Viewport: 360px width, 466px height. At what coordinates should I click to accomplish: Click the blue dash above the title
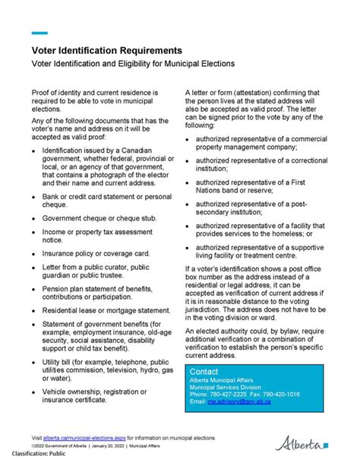click(x=39, y=33)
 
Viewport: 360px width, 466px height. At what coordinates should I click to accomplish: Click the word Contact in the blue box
click(x=203, y=371)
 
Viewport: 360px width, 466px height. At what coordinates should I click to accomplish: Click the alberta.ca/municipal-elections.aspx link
click(x=84, y=438)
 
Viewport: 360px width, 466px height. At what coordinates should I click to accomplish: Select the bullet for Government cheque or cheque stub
click(x=34, y=217)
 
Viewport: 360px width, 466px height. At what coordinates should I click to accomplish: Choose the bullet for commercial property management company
click(x=189, y=140)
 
